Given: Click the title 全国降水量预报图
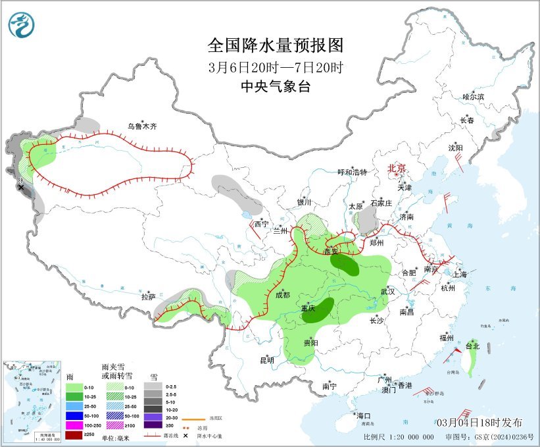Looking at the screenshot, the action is point(276,45).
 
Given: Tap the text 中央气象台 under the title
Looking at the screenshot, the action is point(276,86).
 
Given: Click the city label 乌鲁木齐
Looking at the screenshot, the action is point(143,126).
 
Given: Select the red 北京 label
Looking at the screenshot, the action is point(398,169).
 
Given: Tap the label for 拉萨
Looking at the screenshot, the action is point(148,297).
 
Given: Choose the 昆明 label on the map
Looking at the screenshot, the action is point(266,360).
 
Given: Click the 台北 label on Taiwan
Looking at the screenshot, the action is point(472,346).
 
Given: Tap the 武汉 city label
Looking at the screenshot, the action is point(387,291).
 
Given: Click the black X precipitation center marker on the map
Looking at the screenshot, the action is point(21,188).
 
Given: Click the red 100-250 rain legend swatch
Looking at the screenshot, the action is point(74,425).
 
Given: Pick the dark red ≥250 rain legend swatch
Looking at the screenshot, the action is point(74,435).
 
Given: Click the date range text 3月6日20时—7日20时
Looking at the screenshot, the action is point(276,66).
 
